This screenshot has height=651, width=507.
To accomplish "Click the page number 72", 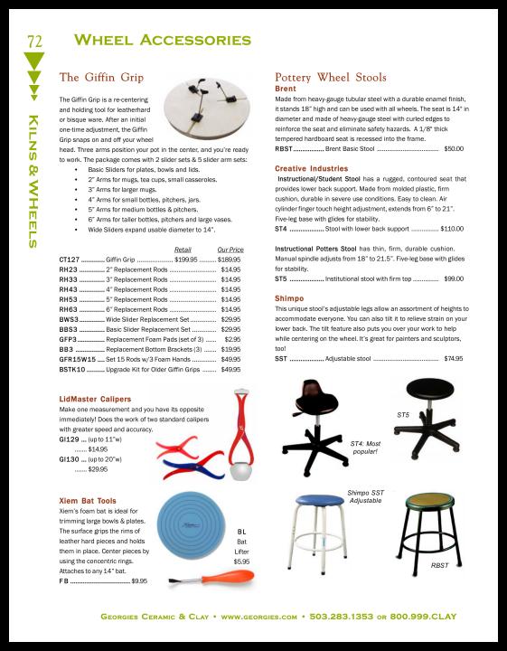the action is pos(35,41).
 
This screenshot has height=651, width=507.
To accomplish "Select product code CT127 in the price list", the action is pos(69,259).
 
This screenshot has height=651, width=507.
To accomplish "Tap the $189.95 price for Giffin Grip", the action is pos(229,259).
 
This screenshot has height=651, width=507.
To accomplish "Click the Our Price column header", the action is pos(230,250).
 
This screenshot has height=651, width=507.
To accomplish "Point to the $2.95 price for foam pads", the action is pos(232,339).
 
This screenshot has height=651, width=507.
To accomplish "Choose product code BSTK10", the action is pos(72,369).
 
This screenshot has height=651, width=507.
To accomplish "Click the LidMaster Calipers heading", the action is pos(95,399).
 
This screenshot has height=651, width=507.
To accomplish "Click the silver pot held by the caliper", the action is pos(240,472).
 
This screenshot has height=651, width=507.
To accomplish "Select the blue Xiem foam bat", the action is pos(191,525).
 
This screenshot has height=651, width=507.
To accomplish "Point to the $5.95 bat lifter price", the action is pos(241,561).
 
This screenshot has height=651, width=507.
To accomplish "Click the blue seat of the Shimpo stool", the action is pos(320,500).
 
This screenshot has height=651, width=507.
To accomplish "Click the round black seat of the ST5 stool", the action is pos(430,390).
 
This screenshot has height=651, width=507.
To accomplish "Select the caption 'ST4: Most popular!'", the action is pos(365,448).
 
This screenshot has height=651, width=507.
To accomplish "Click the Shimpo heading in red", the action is pos(289,298).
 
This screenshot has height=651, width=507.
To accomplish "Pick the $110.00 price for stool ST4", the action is pos(452,229).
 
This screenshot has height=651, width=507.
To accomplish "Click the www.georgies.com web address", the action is pos(258,617).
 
